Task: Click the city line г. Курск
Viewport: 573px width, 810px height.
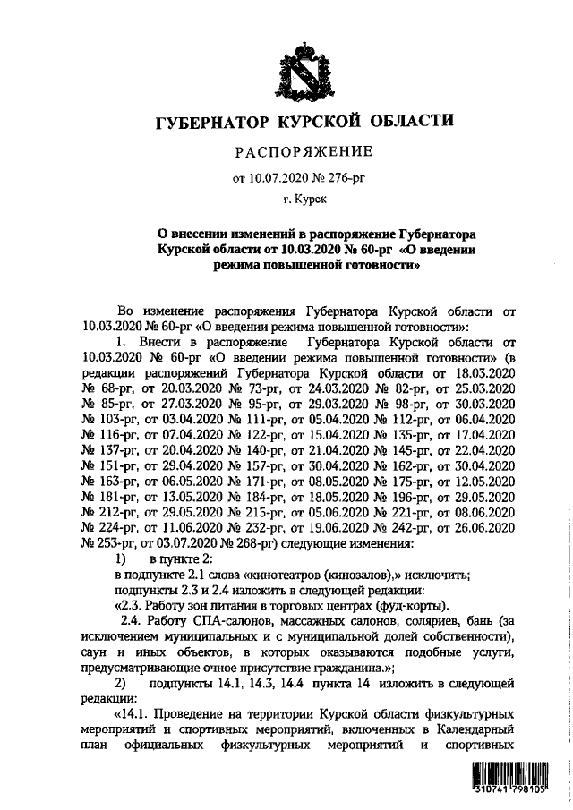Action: [302, 202]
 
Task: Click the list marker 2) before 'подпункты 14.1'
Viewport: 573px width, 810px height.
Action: [121, 682]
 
